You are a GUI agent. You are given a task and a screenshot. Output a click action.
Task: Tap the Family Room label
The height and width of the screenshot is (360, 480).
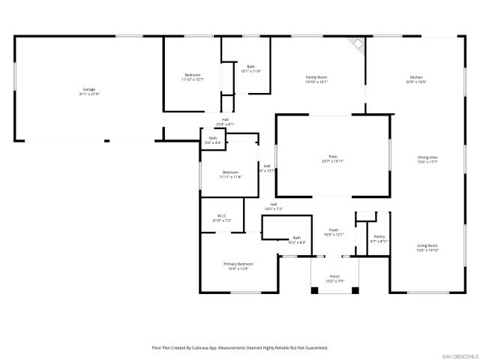click(316, 77)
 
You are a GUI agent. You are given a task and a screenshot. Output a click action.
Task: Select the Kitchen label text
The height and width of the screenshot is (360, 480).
click(416, 77)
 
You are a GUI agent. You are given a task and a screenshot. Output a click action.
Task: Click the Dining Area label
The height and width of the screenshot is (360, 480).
click(427, 157)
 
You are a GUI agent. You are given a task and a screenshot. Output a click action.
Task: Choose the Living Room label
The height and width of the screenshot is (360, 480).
click(427, 246)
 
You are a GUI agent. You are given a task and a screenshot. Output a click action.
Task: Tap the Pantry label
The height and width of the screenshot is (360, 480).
click(379, 236)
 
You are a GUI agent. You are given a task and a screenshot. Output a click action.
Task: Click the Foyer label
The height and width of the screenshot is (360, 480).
click(334, 230)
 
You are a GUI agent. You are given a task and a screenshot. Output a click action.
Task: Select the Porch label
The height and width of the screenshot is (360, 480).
click(334, 276)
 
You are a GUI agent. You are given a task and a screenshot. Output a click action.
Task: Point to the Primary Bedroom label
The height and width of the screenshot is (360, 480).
click(238, 264)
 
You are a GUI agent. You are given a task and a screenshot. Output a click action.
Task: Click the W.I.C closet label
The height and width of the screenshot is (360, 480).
click(221, 216)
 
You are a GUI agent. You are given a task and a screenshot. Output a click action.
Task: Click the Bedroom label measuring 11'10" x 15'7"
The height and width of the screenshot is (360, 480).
click(193, 75)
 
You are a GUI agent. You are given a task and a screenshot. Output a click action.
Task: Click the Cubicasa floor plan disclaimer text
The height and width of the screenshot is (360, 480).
click(240, 348)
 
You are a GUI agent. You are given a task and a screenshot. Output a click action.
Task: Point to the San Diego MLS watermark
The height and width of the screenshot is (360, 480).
click(459, 354)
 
